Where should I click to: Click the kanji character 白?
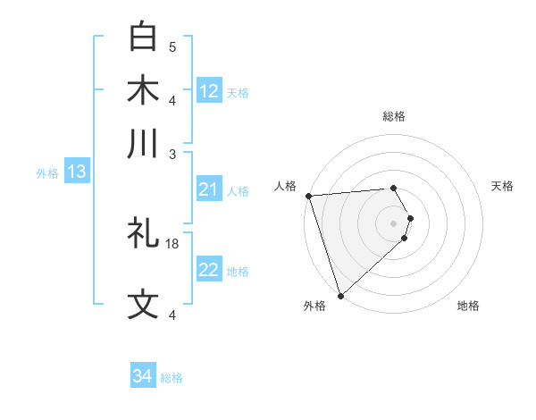(143, 38)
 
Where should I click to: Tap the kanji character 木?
(143, 91)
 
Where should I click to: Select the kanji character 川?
(143, 144)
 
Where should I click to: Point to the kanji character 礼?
(143, 234)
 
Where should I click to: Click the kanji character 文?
(143, 304)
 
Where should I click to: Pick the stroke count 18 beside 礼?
(173, 243)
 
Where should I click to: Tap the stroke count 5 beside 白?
(172, 46)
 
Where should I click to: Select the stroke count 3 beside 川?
(172, 153)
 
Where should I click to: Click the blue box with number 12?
(209, 91)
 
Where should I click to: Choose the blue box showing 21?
(209, 189)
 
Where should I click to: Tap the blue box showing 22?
(209, 270)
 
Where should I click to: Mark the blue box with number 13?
(76, 172)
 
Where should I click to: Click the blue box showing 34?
(143, 376)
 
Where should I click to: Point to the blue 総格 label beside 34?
(172, 378)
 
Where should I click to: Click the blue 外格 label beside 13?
(47, 173)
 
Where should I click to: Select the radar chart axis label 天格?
(502, 186)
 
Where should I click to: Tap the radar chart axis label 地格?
(468, 306)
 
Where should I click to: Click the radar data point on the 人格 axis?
(308, 196)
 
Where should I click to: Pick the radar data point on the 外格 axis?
(340, 294)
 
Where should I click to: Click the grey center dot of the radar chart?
(393, 223)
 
